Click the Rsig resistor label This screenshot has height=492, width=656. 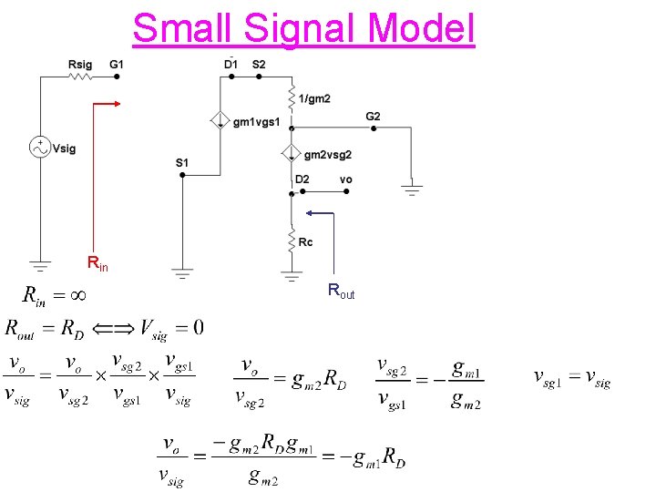point(80,64)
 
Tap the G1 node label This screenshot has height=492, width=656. point(117,64)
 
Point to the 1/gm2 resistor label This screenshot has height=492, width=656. point(314,97)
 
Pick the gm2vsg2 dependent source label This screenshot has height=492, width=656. point(328,155)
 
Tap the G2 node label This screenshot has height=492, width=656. point(374,116)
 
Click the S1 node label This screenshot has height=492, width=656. point(182,162)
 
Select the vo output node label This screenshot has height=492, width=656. point(345,179)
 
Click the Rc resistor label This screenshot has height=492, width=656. point(306,242)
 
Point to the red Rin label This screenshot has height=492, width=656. point(97,264)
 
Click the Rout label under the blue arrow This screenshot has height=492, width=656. point(341,292)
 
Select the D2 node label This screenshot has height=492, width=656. point(302,179)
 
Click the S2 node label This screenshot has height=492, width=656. point(259,64)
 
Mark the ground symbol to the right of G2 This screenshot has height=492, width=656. point(412,190)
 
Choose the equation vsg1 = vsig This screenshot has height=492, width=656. point(571,379)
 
